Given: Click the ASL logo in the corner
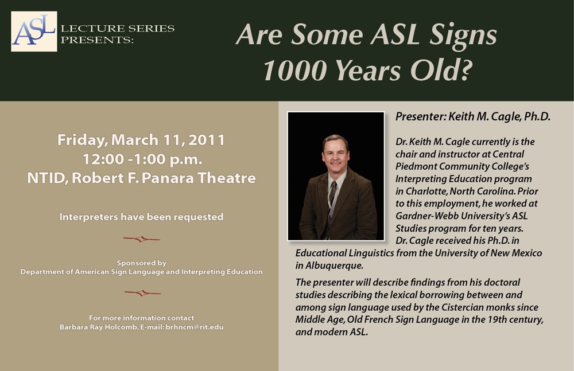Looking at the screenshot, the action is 34,32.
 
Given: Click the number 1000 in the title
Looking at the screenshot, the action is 294,70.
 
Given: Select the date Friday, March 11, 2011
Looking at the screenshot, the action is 141,140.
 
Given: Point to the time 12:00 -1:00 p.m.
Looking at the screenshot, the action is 142,159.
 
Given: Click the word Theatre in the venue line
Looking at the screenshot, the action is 227,178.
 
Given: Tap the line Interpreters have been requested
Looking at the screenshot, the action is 141,217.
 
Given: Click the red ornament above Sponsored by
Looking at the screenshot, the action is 142,239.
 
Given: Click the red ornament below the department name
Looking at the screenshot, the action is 142,292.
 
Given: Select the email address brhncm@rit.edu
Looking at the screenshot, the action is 195,327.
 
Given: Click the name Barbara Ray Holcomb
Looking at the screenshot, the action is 99,327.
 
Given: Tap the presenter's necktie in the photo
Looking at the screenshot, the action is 332,205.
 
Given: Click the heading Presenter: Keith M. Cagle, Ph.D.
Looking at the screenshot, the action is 473,117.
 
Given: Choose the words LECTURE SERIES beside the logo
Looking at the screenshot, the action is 118,28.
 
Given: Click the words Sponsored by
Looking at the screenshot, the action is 142,263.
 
